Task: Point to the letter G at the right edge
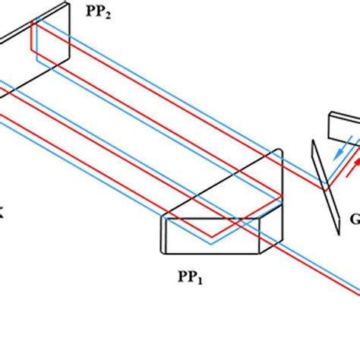355,220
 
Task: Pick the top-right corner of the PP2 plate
68,5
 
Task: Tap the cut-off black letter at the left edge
2,215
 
